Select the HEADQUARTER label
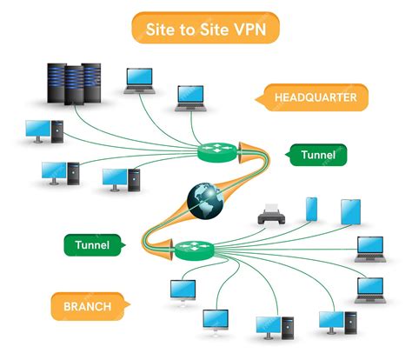point(314,97)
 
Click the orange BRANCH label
point(86,306)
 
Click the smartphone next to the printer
point(311,209)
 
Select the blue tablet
point(349,211)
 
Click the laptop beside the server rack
point(138,80)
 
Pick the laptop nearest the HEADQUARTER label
point(189,97)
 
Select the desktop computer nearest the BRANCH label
point(183,290)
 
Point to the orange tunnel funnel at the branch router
point(156,250)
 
